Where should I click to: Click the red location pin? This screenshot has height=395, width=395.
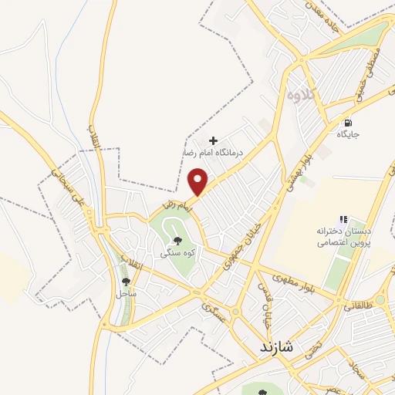199,182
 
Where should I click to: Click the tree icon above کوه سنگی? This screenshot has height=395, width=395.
177,241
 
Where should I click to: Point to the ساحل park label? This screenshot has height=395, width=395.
126,294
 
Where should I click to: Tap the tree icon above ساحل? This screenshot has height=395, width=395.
127,282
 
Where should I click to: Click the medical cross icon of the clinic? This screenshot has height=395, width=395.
214,141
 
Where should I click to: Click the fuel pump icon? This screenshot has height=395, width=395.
348,122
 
